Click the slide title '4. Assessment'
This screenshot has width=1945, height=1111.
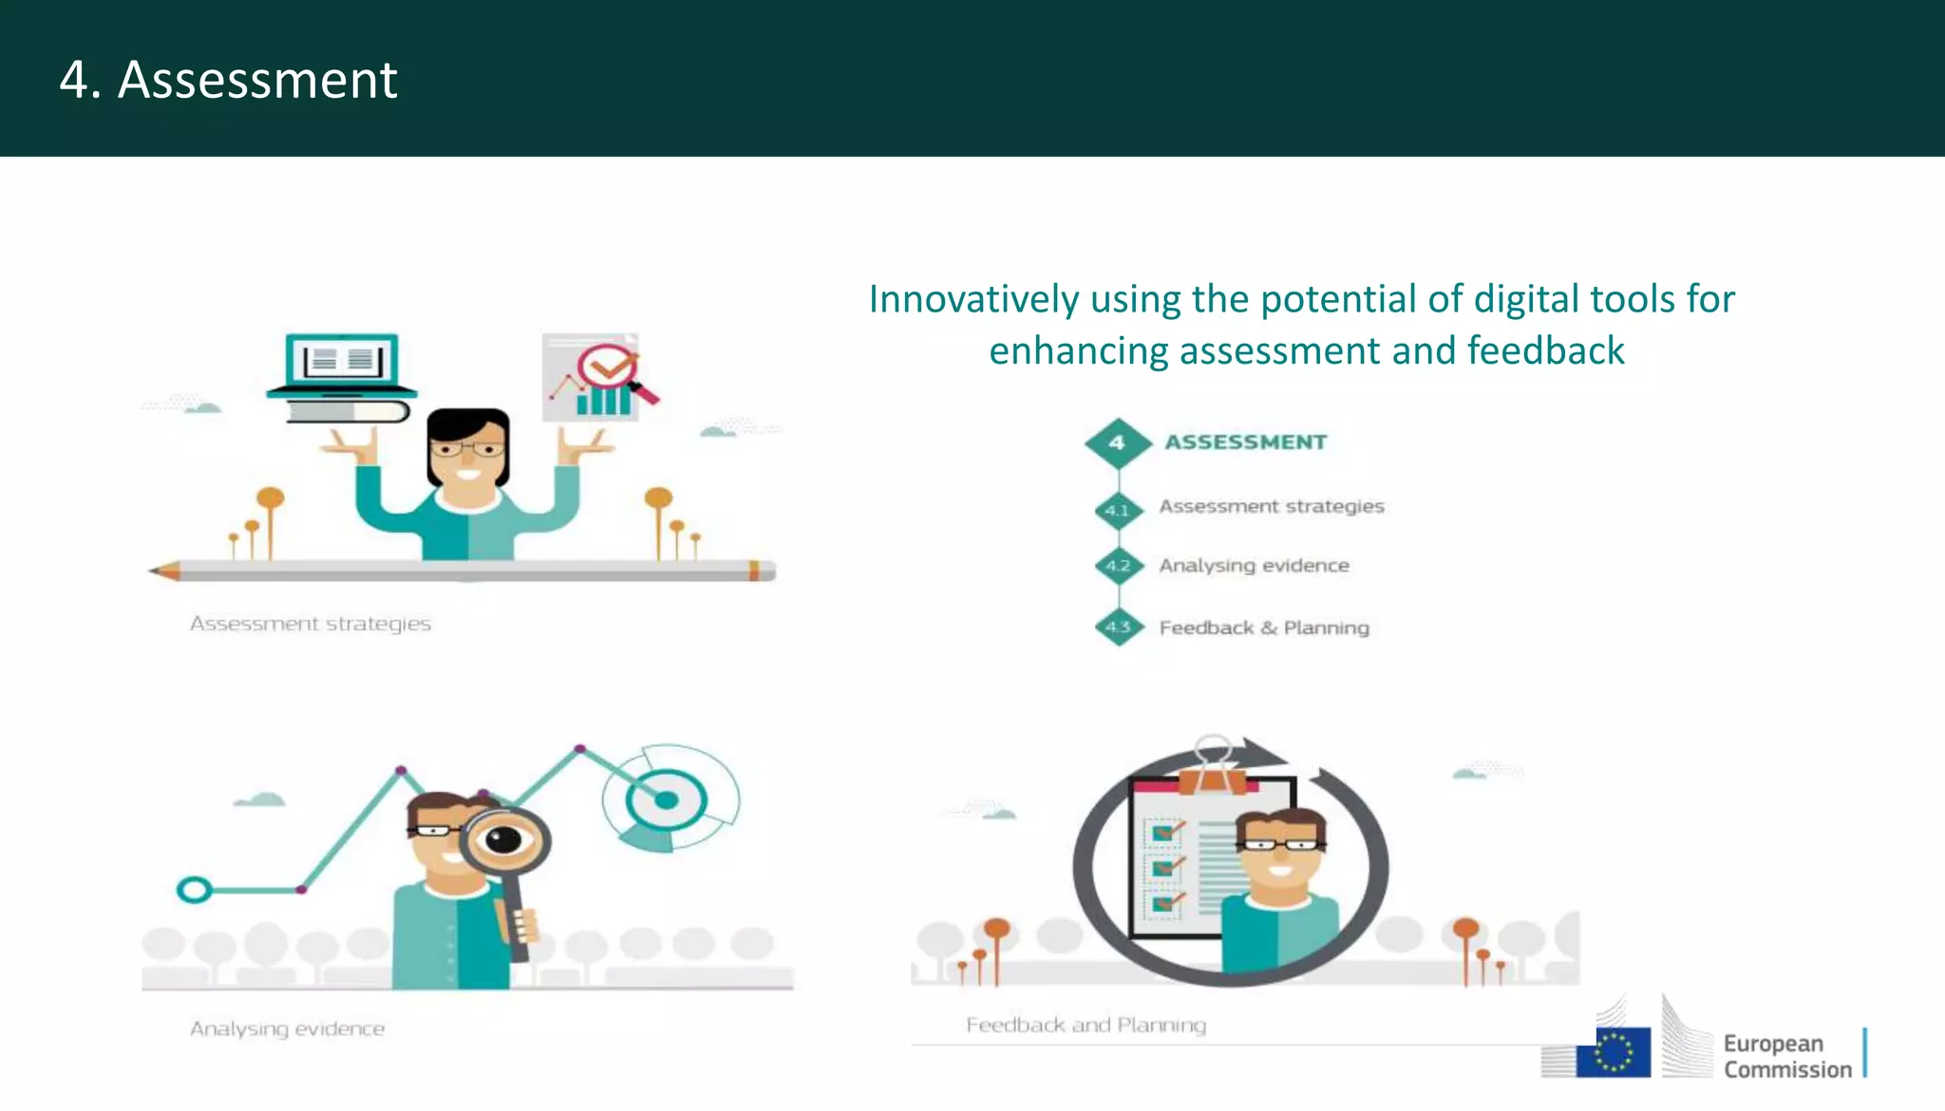(228, 80)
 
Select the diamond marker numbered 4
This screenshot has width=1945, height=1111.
(1118, 443)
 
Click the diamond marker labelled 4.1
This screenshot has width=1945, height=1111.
(1118, 511)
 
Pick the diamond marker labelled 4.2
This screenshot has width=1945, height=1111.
(1118, 566)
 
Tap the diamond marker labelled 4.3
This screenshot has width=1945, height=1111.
(1118, 627)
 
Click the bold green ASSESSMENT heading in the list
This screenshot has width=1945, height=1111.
(1245, 443)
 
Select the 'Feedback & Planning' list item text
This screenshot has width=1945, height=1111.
(1264, 628)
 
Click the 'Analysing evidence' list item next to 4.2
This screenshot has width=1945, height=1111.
(1254, 566)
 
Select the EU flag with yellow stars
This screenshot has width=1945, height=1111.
(1613, 1052)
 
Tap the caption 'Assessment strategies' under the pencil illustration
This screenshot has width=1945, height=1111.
(311, 624)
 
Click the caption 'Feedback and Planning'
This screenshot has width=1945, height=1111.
(1086, 1025)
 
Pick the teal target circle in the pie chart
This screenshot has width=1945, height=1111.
(666, 800)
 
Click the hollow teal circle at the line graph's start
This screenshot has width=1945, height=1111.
(194, 890)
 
